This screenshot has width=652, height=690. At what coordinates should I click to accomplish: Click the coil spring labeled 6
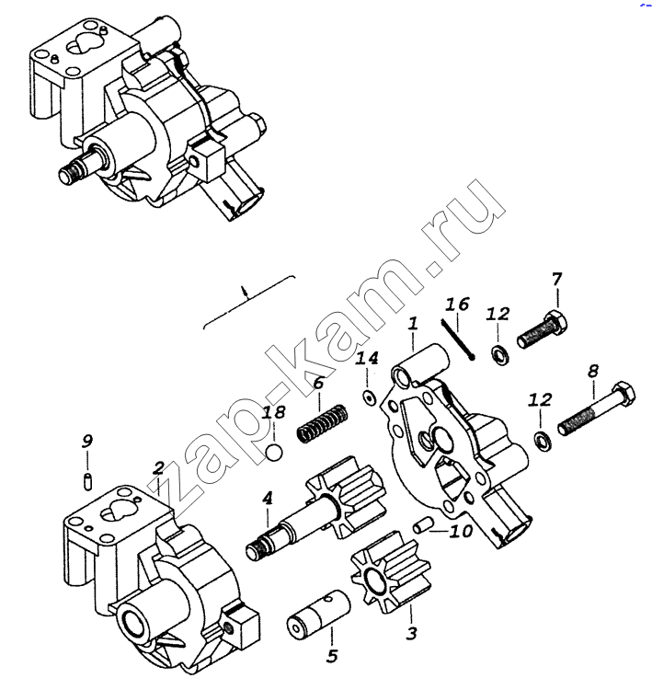pos(323,424)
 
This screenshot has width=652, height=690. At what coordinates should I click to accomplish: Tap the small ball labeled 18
pos(275,454)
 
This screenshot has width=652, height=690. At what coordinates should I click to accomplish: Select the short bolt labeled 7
pos(542,329)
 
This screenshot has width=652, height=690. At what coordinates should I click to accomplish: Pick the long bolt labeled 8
pos(596,408)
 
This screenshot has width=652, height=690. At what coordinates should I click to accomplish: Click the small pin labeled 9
pos(87,480)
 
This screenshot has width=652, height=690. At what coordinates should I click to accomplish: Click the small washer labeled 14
pos(369,397)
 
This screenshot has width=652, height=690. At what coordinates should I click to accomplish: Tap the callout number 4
pos(267,499)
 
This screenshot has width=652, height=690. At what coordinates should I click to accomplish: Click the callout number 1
pos(413,324)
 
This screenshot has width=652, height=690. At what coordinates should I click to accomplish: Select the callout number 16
pos(458,305)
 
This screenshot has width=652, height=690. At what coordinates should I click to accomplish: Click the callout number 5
pos(332,656)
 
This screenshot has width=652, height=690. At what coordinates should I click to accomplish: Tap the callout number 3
pos(411,634)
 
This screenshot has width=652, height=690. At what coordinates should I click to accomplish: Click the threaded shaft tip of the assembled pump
pos(69,172)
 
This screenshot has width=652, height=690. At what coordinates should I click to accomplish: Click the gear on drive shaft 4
pos(348,498)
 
